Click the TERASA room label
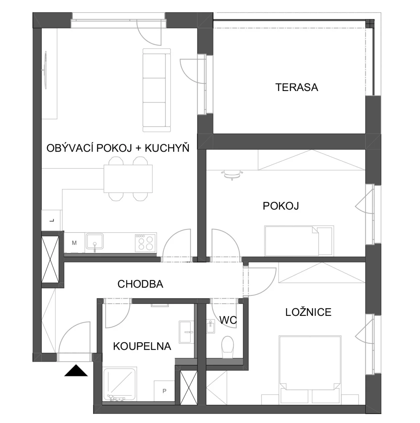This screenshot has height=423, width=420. point(296,87)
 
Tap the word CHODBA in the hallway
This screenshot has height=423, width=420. point(140,284)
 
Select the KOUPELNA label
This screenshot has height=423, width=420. point(142,346)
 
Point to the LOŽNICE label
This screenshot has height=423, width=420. point(308,312)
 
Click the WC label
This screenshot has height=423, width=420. point(228,320)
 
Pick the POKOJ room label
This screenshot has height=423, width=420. point(281,206)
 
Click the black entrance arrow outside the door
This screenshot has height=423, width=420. point(76,370)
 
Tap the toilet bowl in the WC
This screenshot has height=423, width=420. point(227,347)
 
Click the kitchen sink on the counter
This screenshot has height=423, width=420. point(94,241)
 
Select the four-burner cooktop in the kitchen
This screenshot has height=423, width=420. point(146,242)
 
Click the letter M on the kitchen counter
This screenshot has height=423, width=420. point(74,243)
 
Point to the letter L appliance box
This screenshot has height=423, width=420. point(52,220)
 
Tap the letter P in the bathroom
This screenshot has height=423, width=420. point(164,391)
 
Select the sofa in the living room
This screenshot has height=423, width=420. point(157,90)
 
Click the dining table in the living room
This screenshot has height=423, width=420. point(128,179)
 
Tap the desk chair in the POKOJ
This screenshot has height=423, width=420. point(232,174)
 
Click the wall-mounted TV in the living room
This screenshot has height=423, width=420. point(45,70)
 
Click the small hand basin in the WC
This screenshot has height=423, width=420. point(211,326)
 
